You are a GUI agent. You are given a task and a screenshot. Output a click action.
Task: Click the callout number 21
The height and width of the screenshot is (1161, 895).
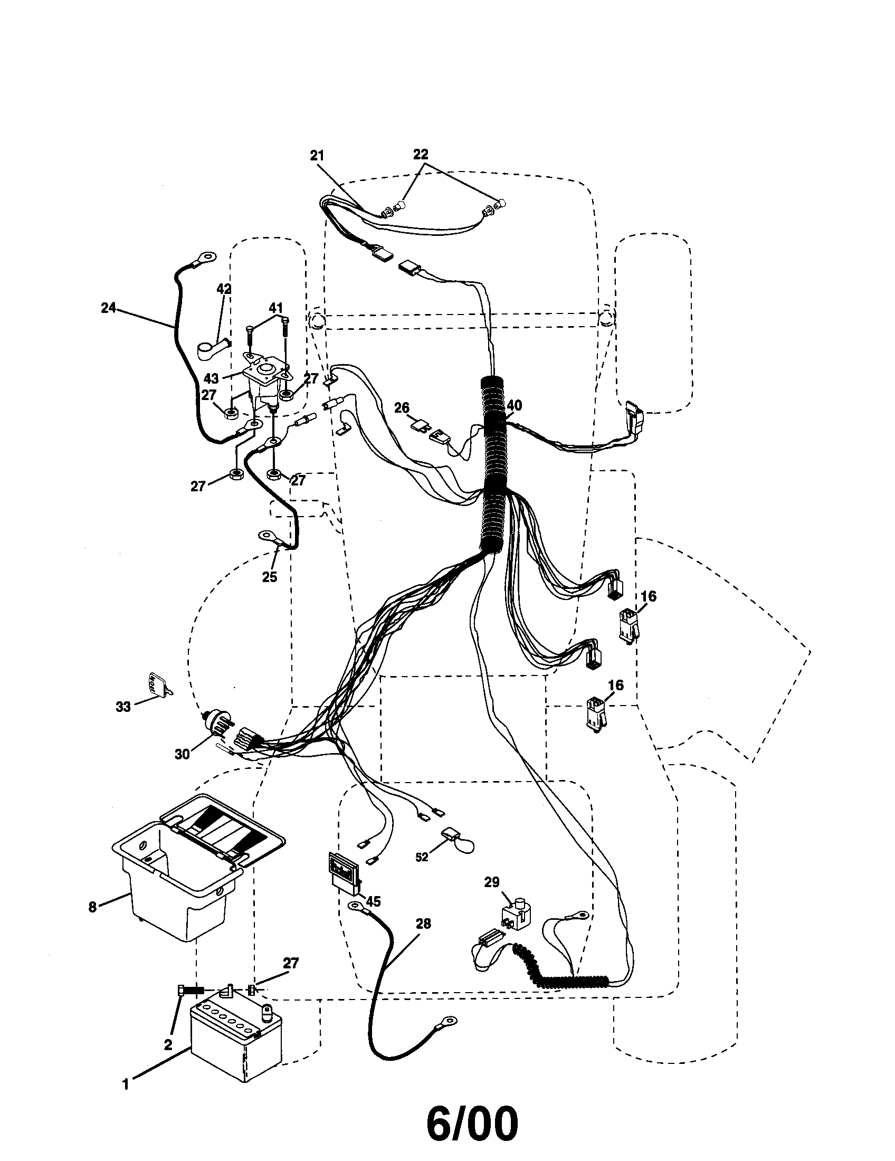317,155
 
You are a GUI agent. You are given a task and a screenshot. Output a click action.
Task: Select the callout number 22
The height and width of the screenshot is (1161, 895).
421,154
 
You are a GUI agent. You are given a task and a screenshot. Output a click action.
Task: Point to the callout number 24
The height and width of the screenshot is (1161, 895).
108,307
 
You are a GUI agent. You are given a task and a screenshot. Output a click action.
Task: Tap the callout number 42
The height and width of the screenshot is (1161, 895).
224,289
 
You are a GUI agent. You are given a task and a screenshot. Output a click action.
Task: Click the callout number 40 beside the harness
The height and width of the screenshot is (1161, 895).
514,406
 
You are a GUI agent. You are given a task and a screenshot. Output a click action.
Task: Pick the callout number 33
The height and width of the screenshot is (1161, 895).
123,707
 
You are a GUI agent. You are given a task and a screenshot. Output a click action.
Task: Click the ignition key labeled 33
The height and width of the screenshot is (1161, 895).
157,684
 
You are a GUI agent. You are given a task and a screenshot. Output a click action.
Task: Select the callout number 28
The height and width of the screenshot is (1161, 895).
423,924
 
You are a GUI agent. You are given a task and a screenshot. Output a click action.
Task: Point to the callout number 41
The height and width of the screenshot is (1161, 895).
275,307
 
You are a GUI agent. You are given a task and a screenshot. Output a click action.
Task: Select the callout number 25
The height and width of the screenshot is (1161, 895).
270,577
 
